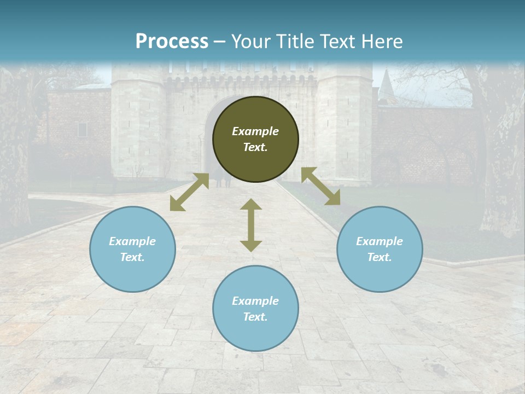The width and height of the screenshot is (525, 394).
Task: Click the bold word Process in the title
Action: coord(172,42)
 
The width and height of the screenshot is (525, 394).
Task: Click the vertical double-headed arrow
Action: coord(251,225)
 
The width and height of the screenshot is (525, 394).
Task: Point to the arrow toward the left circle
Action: coord(189,192)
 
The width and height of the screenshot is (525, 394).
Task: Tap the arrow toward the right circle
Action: coord(320,187)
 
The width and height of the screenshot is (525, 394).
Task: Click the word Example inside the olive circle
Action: coord(255,131)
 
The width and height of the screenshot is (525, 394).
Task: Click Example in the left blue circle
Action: coord(132,241)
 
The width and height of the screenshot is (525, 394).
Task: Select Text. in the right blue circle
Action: coord(380,257)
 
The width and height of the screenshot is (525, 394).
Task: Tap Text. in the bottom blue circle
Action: coord(255,317)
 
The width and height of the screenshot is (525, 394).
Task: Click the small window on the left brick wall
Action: coord(82,130)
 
